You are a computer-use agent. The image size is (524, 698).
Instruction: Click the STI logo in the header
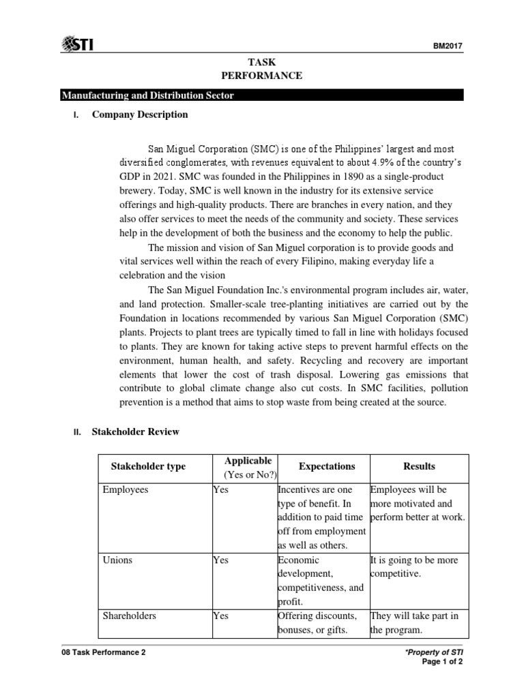[x=76, y=45]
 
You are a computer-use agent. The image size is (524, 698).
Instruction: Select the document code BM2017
[x=448, y=46]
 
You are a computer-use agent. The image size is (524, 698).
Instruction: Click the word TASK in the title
[x=262, y=63]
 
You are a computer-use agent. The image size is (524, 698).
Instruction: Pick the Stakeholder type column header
[x=148, y=466]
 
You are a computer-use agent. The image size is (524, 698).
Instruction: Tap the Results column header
[x=419, y=466]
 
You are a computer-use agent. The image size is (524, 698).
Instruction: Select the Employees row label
[x=126, y=489]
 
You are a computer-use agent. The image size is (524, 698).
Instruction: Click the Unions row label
[x=117, y=560]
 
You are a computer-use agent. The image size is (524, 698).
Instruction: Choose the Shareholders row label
[x=129, y=616]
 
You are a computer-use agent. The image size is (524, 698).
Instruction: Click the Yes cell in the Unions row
[x=220, y=560]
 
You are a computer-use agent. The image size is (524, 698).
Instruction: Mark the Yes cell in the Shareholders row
[x=220, y=616]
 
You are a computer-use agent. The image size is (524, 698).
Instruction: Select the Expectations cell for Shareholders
[x=317, y=623]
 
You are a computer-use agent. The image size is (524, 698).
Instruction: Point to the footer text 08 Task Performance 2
[x=102, y=652]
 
